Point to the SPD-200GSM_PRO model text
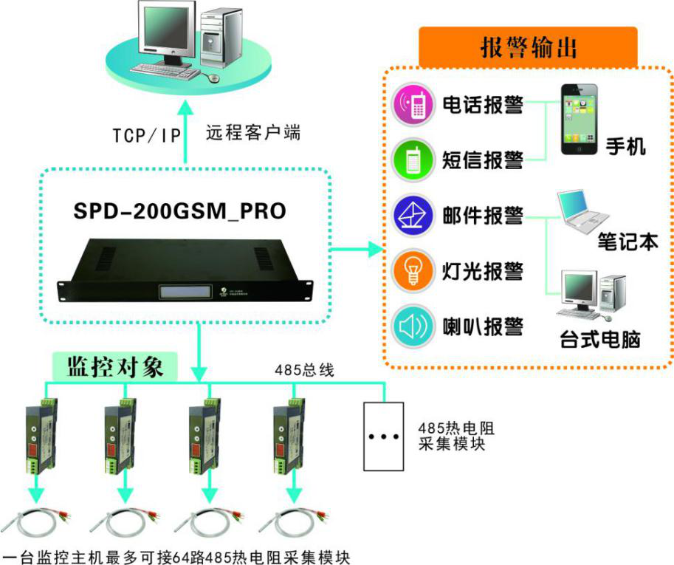tap(180, 212)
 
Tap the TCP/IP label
tap(145, 134)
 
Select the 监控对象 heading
tap(114, 366)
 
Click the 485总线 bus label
tap(304, 370)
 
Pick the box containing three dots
tap(383, 436)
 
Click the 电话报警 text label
tap(483, 104)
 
